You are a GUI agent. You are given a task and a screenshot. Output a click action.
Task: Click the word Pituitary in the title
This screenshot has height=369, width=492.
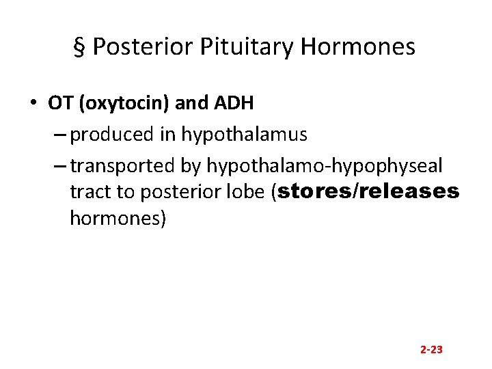point(236,46)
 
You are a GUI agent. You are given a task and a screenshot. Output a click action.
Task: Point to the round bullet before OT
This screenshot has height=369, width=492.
point(33,104)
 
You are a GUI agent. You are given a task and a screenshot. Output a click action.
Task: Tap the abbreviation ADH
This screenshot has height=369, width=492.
point(235,104)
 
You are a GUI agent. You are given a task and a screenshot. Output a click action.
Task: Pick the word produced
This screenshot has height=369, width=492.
point(112,135)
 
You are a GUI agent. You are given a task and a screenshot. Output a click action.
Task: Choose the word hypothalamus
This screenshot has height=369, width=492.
point(244,135)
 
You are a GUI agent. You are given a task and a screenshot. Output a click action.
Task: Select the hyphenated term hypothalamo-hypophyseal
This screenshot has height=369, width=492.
point(325,165)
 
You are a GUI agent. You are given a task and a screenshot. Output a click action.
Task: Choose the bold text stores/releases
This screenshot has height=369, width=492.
point(369,193)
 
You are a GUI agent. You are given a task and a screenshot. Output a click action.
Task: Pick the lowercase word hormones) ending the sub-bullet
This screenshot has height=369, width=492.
point(118,220)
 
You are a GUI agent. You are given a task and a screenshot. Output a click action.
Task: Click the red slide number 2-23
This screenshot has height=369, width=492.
point(431,349)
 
